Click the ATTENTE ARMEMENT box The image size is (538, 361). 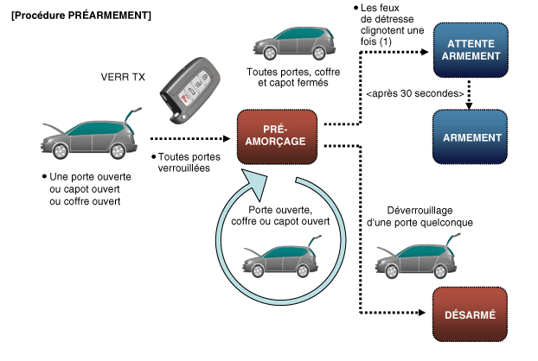click(x=471, y=50)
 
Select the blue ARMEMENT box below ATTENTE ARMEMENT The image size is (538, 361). click(x=470, y=136)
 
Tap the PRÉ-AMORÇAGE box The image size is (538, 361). click(x=277, y=136)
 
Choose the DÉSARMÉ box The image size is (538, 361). click(x=470, y=314)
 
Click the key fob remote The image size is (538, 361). click(x=189, y=91)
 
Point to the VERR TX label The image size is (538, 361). click(x=123, y=77)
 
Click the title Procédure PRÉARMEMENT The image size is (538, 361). click(x=81, y=16)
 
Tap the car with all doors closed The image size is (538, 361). click(x=294, y=43)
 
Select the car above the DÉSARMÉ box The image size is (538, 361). click(x=417, y=256)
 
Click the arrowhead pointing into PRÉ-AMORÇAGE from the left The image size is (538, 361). click(x=227, y=139)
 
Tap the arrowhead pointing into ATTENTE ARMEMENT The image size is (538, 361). click(x=425, y=52)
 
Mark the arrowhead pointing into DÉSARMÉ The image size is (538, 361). click(x=422, y=313)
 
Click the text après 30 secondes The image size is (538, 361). click(x=415, y=93)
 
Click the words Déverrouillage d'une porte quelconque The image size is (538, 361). click(x=420, y=217)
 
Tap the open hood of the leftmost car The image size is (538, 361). click(x=53, y=129)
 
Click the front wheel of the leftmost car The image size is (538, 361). click(x=61, y=150)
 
